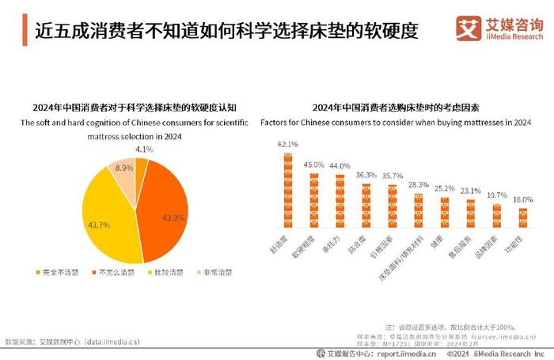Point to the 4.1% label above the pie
(144, 149)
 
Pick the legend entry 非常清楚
(216, 272)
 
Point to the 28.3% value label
(418, 184)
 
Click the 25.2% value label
(445, 189)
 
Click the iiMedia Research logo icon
(471, 29)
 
